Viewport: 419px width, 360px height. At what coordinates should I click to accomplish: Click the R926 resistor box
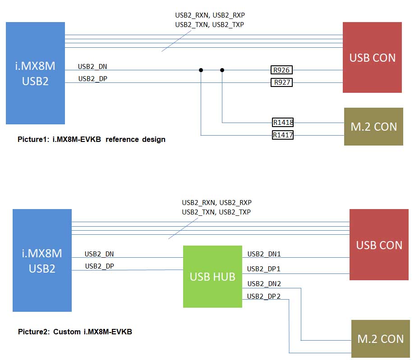[281, 70]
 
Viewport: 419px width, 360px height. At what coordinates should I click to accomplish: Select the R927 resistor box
[281, 82]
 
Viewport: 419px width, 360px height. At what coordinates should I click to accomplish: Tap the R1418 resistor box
[283, 122]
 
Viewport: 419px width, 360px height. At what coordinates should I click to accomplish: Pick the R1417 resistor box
[283, 135]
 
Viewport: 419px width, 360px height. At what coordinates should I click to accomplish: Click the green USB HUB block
[212, 276]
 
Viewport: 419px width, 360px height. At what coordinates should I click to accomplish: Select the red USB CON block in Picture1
[372, 58]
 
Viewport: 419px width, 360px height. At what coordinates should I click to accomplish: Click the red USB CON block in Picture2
[379, 245]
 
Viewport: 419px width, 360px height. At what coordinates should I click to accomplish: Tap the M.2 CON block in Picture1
[373, 127]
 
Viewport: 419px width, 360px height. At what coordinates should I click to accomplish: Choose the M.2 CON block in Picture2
[380, 339]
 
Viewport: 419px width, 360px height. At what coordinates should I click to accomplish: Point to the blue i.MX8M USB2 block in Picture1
[35, 73]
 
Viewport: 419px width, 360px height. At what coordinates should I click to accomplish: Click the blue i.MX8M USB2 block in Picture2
[42, 260]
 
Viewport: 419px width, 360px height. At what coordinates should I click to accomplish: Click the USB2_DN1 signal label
[264, 254]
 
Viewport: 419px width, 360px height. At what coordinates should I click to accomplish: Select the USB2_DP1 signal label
[264, 269]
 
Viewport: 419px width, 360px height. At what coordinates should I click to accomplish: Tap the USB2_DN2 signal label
[264, 284]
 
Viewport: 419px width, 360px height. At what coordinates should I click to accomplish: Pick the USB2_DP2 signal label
[264, 296]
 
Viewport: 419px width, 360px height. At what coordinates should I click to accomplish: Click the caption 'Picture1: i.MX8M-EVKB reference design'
[92, 139]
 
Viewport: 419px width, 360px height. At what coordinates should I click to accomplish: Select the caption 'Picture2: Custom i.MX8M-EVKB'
[75, 332]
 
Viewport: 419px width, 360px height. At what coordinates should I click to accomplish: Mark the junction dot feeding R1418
[222, 70]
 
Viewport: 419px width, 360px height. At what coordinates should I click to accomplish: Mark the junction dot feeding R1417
[201, 70]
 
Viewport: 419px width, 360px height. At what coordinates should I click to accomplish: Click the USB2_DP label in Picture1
[92, 79]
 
